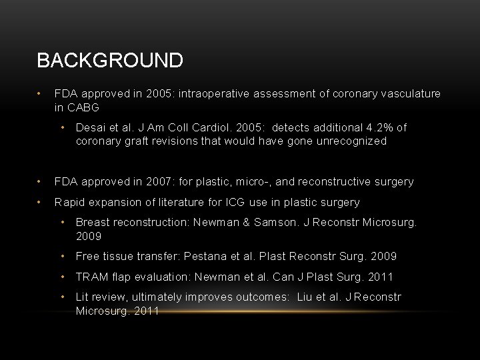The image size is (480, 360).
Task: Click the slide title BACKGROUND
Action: coord(110,61)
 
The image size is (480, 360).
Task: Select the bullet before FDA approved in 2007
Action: coord(41,181)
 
